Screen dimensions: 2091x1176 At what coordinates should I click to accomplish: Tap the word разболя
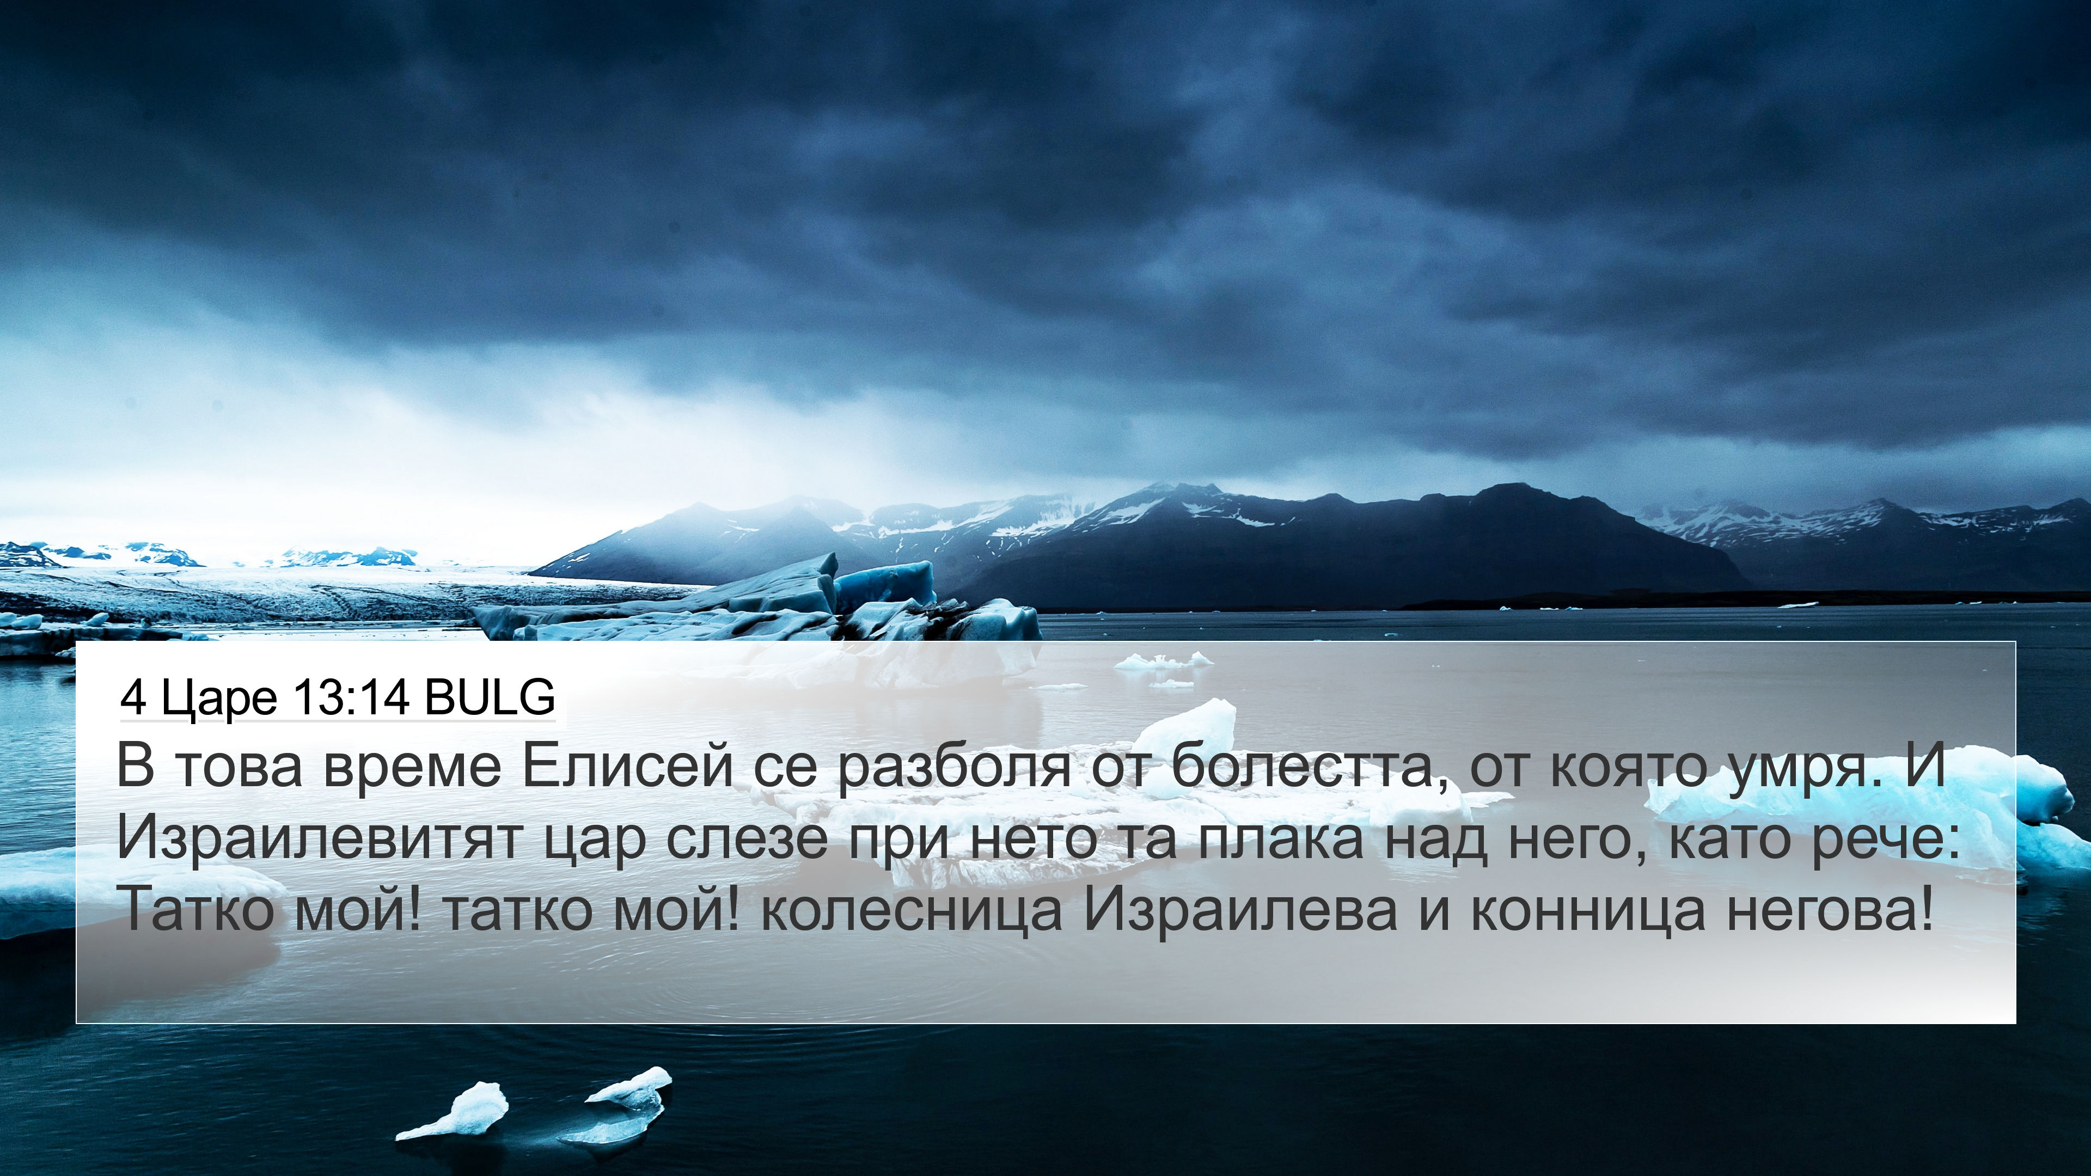[955, 768]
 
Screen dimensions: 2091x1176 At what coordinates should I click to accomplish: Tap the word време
[412, 768]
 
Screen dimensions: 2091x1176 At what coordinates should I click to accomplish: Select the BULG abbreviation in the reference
[490, 697]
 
